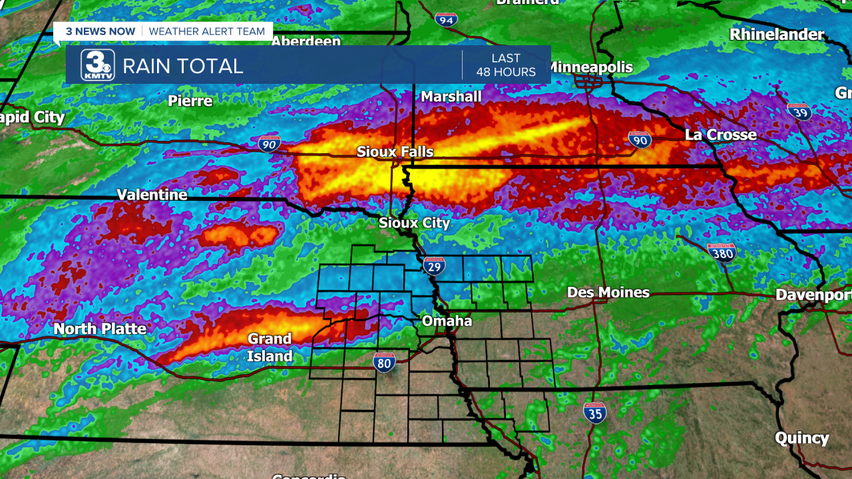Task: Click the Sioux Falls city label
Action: tap(395, 152)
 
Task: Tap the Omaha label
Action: tap(447, 321)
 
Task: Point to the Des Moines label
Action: tap(608, 293)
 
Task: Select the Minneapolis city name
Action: tap(590, 67)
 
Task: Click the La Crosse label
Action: tap(721, 135)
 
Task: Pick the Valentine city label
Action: tap(152, 195)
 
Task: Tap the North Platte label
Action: tap(100, 329)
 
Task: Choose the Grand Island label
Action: tap(270, 347)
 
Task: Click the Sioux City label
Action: tap(414, 223)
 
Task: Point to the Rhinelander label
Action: tap(777, 34)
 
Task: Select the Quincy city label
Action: tap(801, 438)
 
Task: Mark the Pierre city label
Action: tap(190, 101)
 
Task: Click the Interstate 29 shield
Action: tap(434, 265)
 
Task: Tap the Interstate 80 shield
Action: tap(385, 362)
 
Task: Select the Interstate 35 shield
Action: tap(594, 413)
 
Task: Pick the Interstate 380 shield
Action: tap(722, 252)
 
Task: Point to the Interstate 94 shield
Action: tap(446, 19)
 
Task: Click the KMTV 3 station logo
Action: tap(98, 65)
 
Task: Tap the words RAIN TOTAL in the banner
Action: tap(183, 66)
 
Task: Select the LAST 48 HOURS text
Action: tap(506, 65)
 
